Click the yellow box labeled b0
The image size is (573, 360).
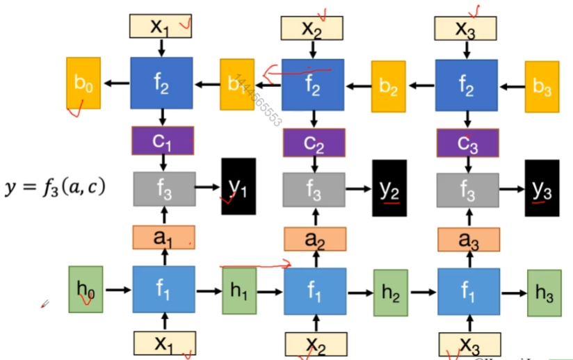click(x=83, y=84)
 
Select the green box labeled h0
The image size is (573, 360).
click(x=86, y=288)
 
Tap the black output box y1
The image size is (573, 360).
click(x=239, y=186)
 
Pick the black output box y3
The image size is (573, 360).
click(x=542, y=188)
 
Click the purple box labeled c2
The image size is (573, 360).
click(x=314, y=143)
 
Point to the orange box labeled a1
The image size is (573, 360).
click(x=163, y=238)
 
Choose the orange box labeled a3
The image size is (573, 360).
click(x=467, y=239)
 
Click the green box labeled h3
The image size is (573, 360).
click(x=544, y=293)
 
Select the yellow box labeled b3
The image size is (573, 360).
click(x=542, y=86)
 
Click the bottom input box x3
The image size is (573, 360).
click(x=469, y=344)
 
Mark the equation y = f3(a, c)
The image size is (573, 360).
click(x=54, y=186)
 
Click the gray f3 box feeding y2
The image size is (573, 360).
click(x=314, y=188)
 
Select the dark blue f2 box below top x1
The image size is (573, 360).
click(x=161, y=83)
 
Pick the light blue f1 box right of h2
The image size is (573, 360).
click(x=467, y=292)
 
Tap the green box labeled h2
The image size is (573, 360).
click(x=391, y=293)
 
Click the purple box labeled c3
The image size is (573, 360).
click(x=467, y=144)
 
